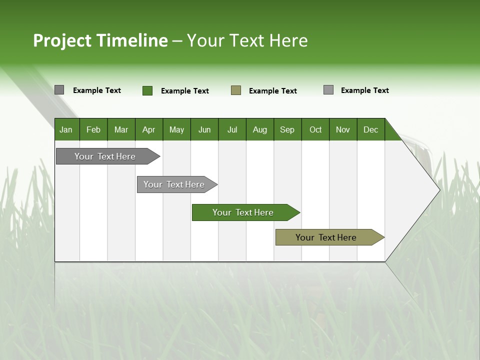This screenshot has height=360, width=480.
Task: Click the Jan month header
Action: pyautogui.click(x=66, y=129)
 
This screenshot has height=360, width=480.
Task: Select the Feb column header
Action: pyautogui.click(x=93, y=129)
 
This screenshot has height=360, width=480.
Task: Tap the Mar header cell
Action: pyautogui.click(x=121, y=129)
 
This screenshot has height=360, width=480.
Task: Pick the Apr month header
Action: pyautogui.click(x=149, y=129)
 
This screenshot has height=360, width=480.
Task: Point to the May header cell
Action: pyautogui.click(x=176, y=129)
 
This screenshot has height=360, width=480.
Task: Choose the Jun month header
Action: pyautogui.click(x=204, y=129)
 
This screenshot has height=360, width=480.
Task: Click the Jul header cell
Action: pyautogui.click(x=232, y=129)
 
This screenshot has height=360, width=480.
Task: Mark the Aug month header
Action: pyautogui.click(x=260, y=129)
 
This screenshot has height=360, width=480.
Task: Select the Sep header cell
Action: pyautogui.click(x=287, y=129)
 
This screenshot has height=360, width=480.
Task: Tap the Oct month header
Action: pyautogui.click(x=315, y=129)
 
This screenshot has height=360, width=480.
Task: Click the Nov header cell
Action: pyautogui.click(x=343, y=129)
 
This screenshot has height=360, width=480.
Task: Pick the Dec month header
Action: pyautogui.click(x=370, y=129)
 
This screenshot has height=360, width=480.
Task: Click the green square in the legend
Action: pyautogui.click(x=147, y=90)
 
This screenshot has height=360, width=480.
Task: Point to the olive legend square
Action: pyautogui.click(x=236, y=90)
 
